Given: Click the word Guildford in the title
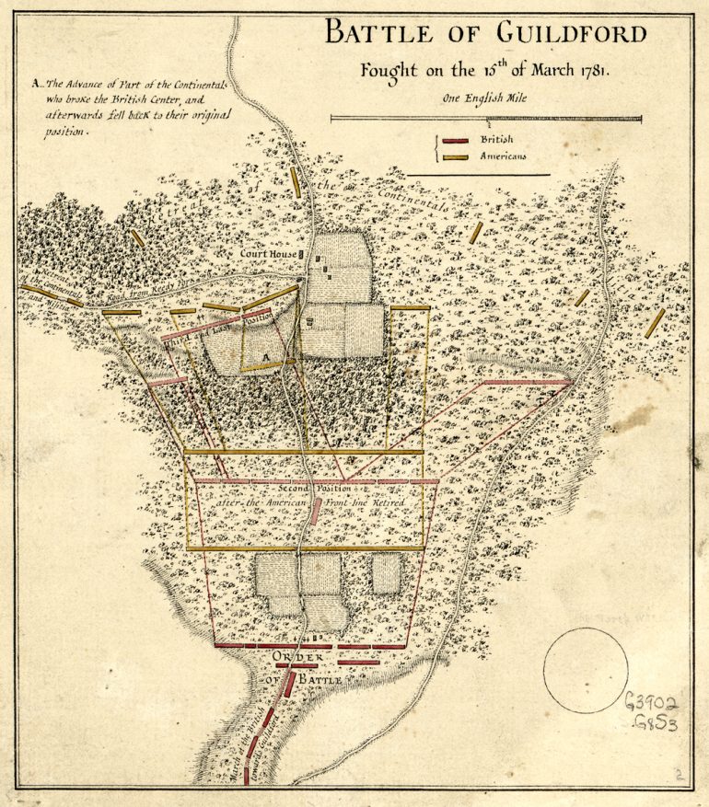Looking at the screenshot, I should click(x=571, y=35).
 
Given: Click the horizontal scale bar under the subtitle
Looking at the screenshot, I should click(x=486, y=118).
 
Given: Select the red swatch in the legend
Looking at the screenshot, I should click(x=456, y=141).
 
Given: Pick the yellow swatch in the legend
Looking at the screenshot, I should click(x=456, y=157).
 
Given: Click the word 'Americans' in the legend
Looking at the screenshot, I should click(x=502, y=157).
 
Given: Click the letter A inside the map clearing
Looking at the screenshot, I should click(x=264, y=354).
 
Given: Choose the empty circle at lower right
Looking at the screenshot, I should click(x=586, y=670).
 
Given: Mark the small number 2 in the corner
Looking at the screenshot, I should click(x=679, y=777).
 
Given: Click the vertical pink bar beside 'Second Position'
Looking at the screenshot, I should click(x=316, y=511).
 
